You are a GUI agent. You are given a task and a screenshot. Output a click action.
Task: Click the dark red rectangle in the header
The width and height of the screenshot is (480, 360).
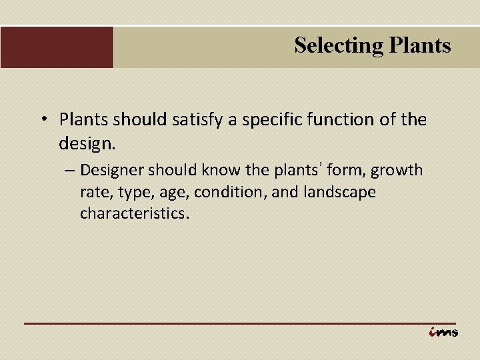(57, 47)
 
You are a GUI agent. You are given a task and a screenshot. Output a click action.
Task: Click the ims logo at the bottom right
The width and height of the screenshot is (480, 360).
(443, 332)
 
